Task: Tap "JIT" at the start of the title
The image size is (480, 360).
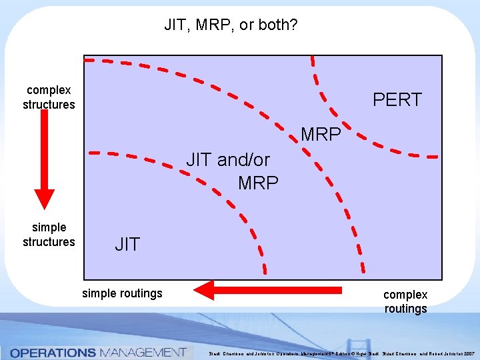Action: point(175,26)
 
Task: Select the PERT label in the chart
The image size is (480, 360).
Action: point(397,100)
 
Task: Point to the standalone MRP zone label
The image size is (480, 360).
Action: point(321,134)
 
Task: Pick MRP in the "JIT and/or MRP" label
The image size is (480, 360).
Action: point(258,182)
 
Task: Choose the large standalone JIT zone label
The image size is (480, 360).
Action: point(127,245)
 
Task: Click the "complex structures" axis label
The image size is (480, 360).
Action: point(49,97)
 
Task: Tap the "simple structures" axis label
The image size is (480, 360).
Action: point(49,235)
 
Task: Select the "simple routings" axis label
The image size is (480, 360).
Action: point(122,293)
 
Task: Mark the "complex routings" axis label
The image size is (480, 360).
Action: point(405,301)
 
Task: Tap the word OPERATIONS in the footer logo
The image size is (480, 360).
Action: point(53,352)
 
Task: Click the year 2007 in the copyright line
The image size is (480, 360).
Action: point(469,353)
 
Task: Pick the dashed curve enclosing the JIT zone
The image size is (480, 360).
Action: point(227,200)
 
